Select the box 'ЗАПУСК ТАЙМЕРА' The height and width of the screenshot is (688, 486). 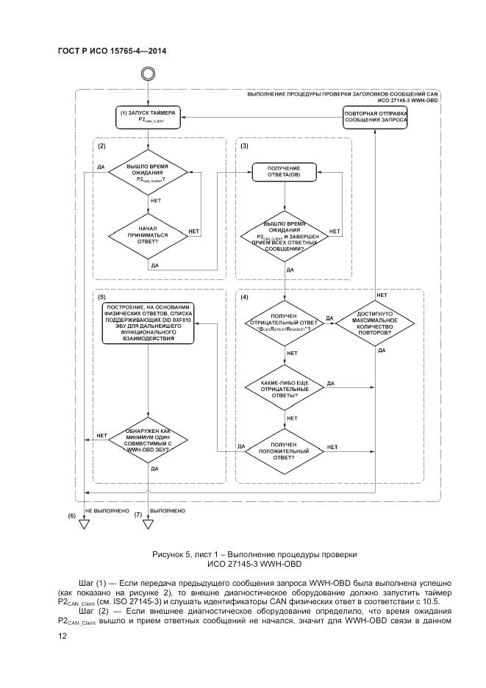149,115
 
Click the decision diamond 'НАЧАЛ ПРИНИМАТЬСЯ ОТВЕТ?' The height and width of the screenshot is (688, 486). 148,234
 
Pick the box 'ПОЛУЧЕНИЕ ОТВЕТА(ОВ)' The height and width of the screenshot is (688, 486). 283,172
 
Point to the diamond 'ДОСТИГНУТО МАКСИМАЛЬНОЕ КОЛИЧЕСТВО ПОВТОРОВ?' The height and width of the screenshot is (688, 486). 375,323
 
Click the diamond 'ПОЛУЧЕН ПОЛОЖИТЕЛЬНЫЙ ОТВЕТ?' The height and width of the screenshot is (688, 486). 283,451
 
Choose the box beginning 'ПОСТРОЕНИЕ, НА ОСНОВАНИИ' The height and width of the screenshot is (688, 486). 149,323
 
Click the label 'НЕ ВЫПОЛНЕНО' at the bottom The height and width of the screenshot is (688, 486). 107,509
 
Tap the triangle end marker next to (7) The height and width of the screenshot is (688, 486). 148,524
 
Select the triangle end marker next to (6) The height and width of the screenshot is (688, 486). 84,524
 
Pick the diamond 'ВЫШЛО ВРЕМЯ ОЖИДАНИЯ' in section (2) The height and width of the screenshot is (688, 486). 148,173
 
